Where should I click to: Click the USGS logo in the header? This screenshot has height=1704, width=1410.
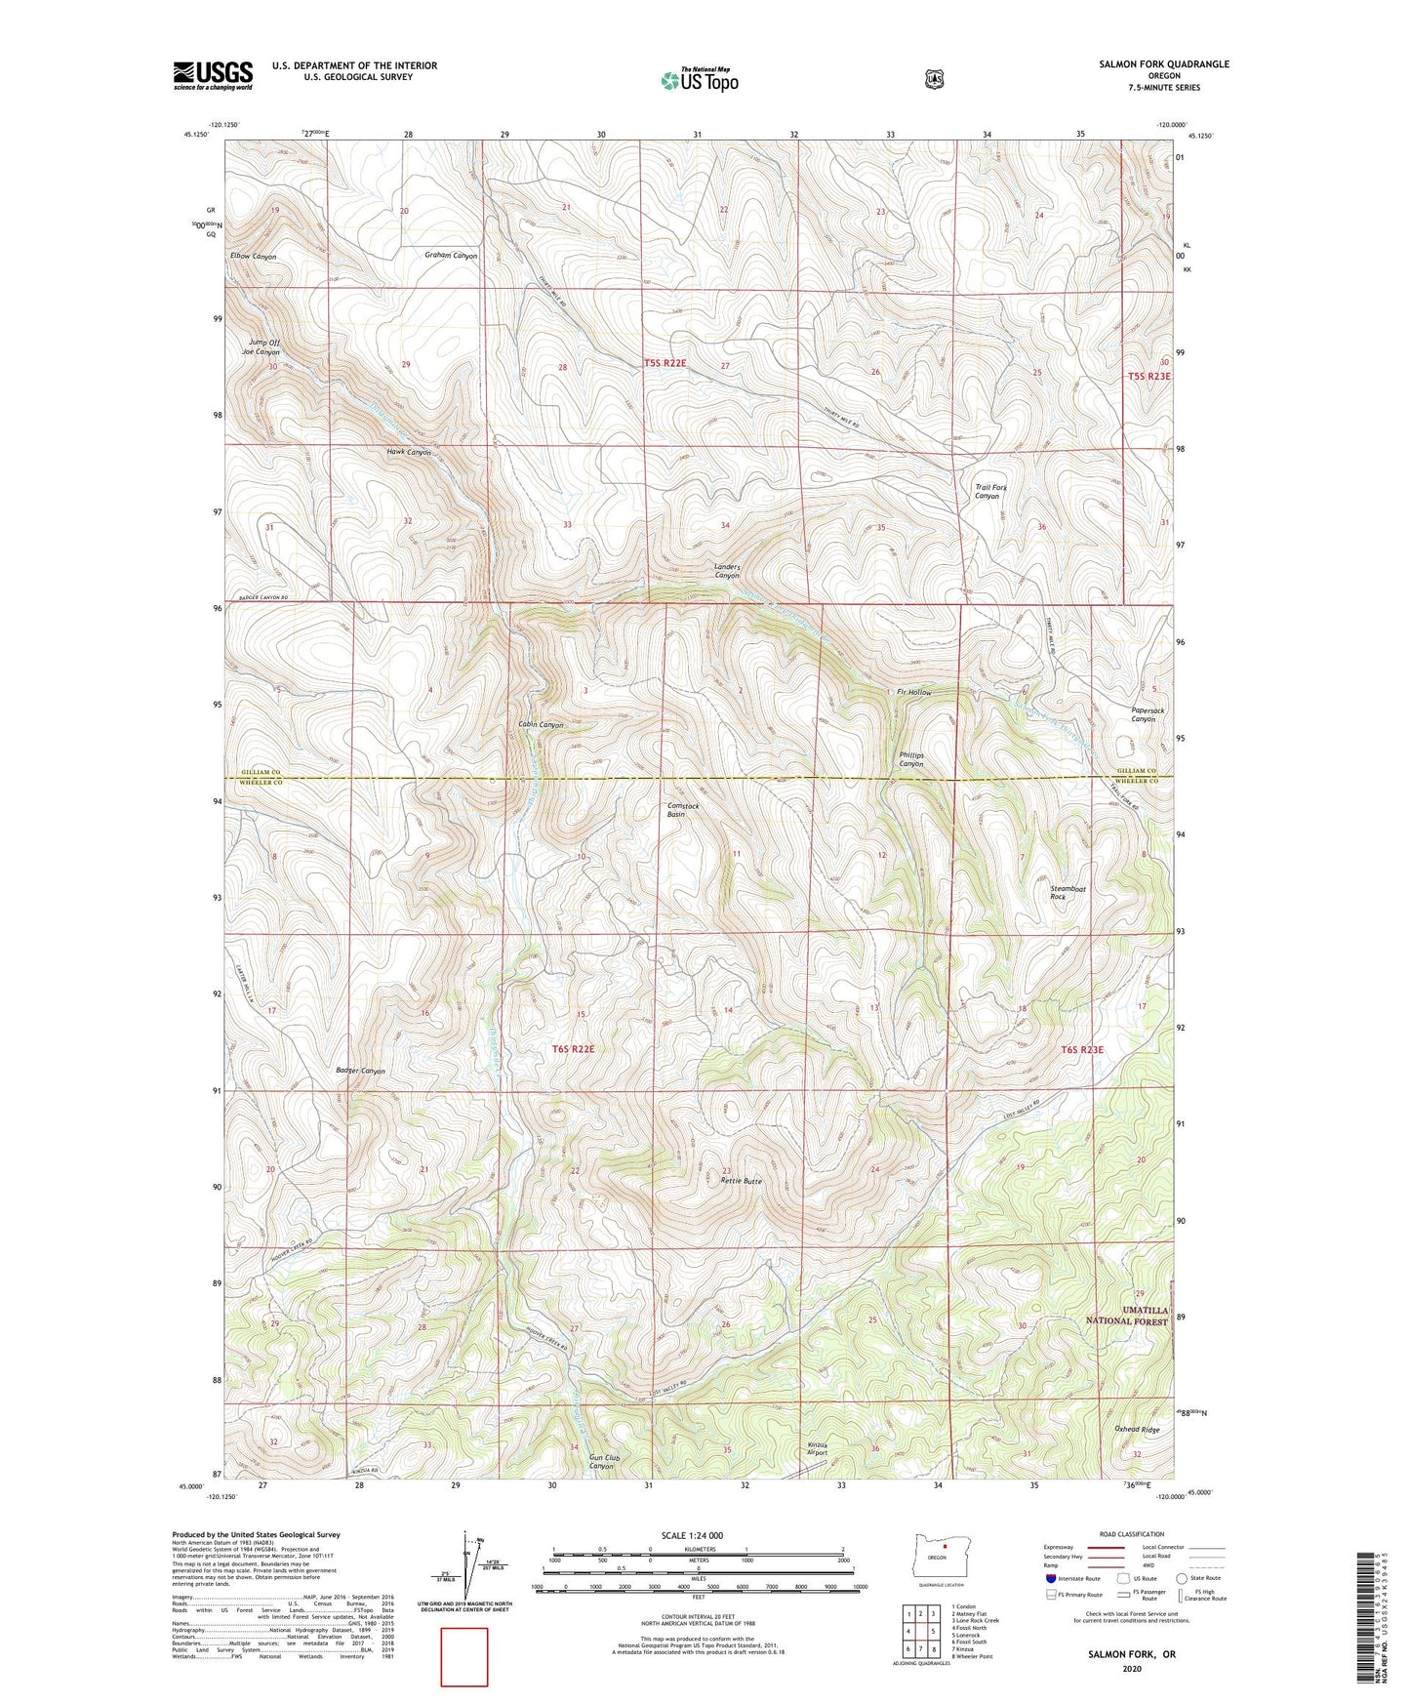[x=213, y=75]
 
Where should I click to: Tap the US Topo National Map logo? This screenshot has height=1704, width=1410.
[x=699, y=80]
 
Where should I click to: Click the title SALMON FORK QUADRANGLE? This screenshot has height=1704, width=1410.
[x=1163, y=64]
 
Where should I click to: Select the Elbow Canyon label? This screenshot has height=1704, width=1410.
[x=253, y=257]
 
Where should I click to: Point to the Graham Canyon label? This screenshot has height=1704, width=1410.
[x=451, y=256]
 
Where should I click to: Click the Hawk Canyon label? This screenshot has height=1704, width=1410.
[x=408, y=453]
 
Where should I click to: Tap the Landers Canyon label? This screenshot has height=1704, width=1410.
[x=727, y=571]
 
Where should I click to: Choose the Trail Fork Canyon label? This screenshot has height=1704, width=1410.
[x=990, y=491]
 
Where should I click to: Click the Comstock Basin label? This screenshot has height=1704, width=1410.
[x=682, y=810]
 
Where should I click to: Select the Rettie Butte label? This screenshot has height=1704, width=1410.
[x=741, y=1181]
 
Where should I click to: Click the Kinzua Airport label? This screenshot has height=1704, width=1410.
[x=817, y=1448]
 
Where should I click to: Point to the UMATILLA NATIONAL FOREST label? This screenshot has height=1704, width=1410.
[x=1127, y=1315]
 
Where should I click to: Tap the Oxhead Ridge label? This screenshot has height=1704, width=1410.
[x=1137, y=1430]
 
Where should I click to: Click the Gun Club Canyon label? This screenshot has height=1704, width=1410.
[x=604, y=1462]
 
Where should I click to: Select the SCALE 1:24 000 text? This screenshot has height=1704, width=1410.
[x=692, y=1535]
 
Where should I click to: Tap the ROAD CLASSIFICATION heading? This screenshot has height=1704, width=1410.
[x=1131, y=1534]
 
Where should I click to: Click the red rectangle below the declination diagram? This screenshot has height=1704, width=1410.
[x=463, y=1656]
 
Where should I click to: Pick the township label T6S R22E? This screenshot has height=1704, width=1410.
[x=573, y=1049]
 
